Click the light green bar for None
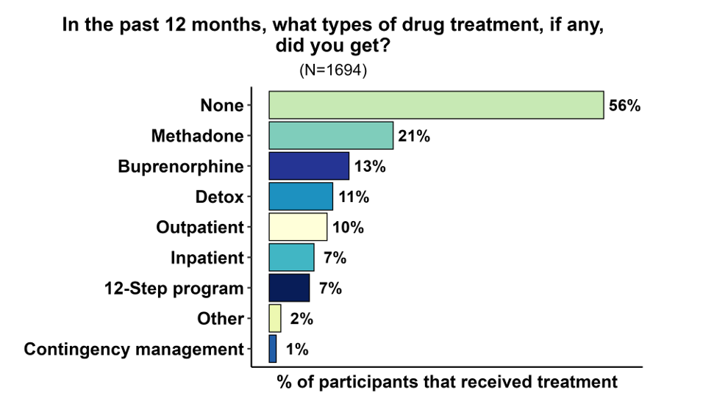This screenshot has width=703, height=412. (x=436, y=105)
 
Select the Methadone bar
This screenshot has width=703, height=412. (x=331, y=136)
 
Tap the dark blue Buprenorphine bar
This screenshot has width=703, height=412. (x=309, y=166)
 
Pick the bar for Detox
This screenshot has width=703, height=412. (x=301, y=197)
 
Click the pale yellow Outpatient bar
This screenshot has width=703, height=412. (x=298, y=227)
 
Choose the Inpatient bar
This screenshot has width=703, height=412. (x=291, y=258)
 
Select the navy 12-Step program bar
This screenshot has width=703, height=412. (x=290, y=288)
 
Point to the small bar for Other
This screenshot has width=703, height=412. (x=275, y=318)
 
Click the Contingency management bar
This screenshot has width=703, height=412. (x=273, y=349)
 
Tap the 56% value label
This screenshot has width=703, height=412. (x=625, y=106)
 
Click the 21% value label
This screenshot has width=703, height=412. (x=414, y=136)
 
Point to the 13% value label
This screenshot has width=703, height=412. (x=370, y=167)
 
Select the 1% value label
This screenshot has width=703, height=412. (x=297, y=350)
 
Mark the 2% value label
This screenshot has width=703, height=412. (x=301, y=319)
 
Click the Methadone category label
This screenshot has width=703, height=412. (x=197, y=136)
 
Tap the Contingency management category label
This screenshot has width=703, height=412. (x=133, y=350)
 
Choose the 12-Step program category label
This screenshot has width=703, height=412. (x=174, y=289)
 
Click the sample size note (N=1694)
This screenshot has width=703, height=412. (x=333, y=71)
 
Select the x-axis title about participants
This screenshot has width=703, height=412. (x=447, y=383)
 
